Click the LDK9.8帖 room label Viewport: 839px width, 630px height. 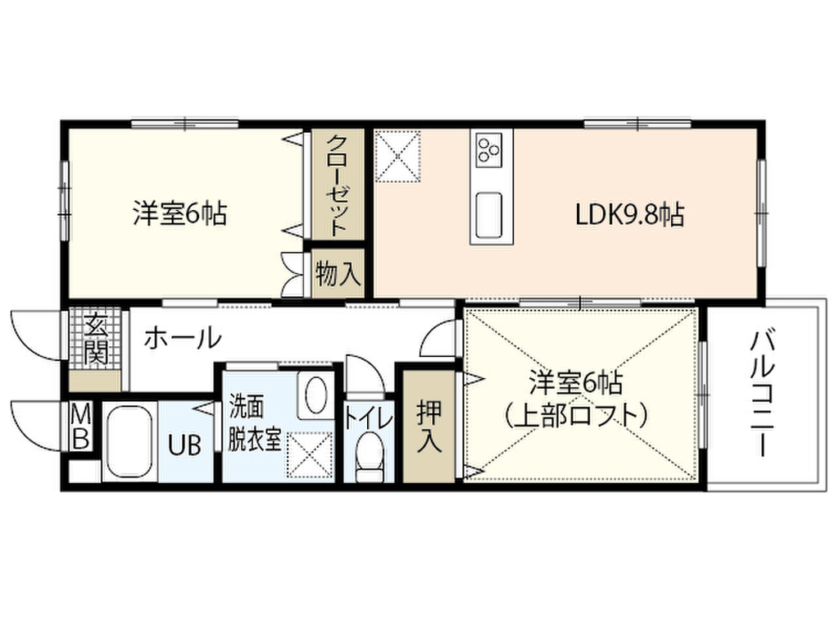pyautogui.click(x=630, y=215)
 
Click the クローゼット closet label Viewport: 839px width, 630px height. pyautogui.click(x=338, y=185)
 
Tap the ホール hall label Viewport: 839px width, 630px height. pyautogui.click(x=183, y=338)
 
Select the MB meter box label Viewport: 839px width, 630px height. pyautogui.click(x=81, y=427)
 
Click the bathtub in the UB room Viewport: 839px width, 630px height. pyautogui.click(x=128, y=441)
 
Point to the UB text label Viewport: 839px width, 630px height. pyautogui.click(x=184, y=445)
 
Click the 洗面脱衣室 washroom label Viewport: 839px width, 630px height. pyautogui.click(x=255, y=423)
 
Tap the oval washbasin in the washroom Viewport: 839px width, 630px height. pyautogui.click(x=315, y=395)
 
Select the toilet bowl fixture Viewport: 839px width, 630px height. pyautogui.click(x=370, y=456)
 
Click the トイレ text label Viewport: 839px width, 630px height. pyautogui.click(x=369, y=418)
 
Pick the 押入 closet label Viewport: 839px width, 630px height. pyautogui.click(x=429, y=426)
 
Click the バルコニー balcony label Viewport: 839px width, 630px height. pyautogui.click(x=763, y=394)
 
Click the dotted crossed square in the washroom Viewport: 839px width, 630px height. pyautogui.click(x=311, y=454)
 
